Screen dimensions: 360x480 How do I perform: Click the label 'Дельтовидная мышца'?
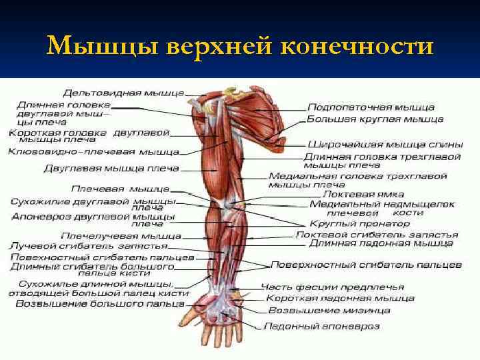coord(123,93)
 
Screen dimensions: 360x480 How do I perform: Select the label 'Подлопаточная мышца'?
coord(371,107)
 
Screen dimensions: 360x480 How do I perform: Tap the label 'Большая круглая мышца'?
coord(375,119)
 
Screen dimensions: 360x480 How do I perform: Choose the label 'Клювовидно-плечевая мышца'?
coord(93,152)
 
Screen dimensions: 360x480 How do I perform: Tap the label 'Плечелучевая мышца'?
coord(121,235)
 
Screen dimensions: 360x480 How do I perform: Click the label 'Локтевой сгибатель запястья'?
coord(376,235)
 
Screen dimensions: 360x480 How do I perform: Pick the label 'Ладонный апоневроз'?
coord(321,327)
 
